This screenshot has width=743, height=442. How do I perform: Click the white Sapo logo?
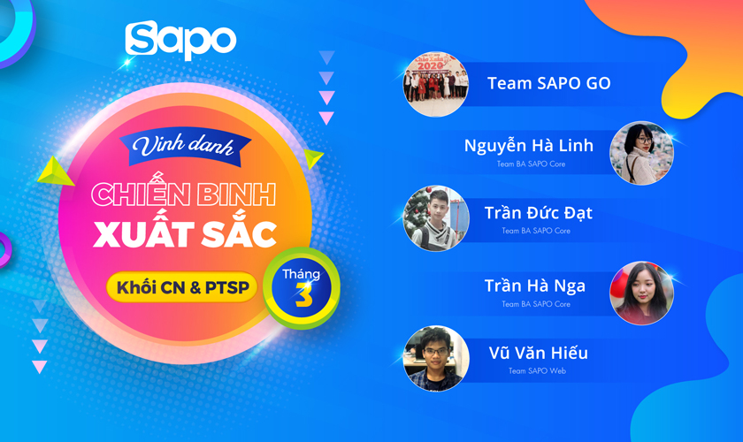pyautogui.click(x=180, y=41)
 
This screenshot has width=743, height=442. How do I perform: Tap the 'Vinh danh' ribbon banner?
pyautogui.click(x=183, y=145)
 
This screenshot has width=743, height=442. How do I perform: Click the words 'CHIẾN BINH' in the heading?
pyautogui.click(x=184, y=194)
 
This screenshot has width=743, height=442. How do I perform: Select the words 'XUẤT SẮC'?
pyautogui.click(x=185, y=234)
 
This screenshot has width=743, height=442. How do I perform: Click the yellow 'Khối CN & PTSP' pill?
pyautogui.click(x=182, y=286)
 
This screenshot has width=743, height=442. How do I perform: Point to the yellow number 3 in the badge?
pyautogui.click(x=303, y=297)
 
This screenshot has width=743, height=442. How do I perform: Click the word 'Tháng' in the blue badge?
pyautogui.click(x=301, y=274)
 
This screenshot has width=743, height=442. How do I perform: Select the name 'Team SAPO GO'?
pyautogui.click(x=548, y=83)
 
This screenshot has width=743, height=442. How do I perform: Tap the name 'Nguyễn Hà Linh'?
pyautogui.click(x=529, y=145)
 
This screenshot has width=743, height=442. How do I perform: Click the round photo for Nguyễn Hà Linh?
pyautogui.click(x=642, y=153)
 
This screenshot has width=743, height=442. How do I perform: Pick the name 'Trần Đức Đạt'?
pyautogui.click(x=539, y=212)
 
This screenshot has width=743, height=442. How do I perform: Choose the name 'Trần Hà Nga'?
pyautogui.click(x=535, y=286)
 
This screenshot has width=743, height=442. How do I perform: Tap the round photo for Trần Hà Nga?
pyautogui.click(x=642, y=293)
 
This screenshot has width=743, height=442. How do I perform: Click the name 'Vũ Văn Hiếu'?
pyautogui.click(x=538, y=353)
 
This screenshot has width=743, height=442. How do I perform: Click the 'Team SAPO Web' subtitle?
pyautogui.click(x=537, y=371)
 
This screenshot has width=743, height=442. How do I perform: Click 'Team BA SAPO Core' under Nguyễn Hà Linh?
pyautogui.click(x=531, y=164)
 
